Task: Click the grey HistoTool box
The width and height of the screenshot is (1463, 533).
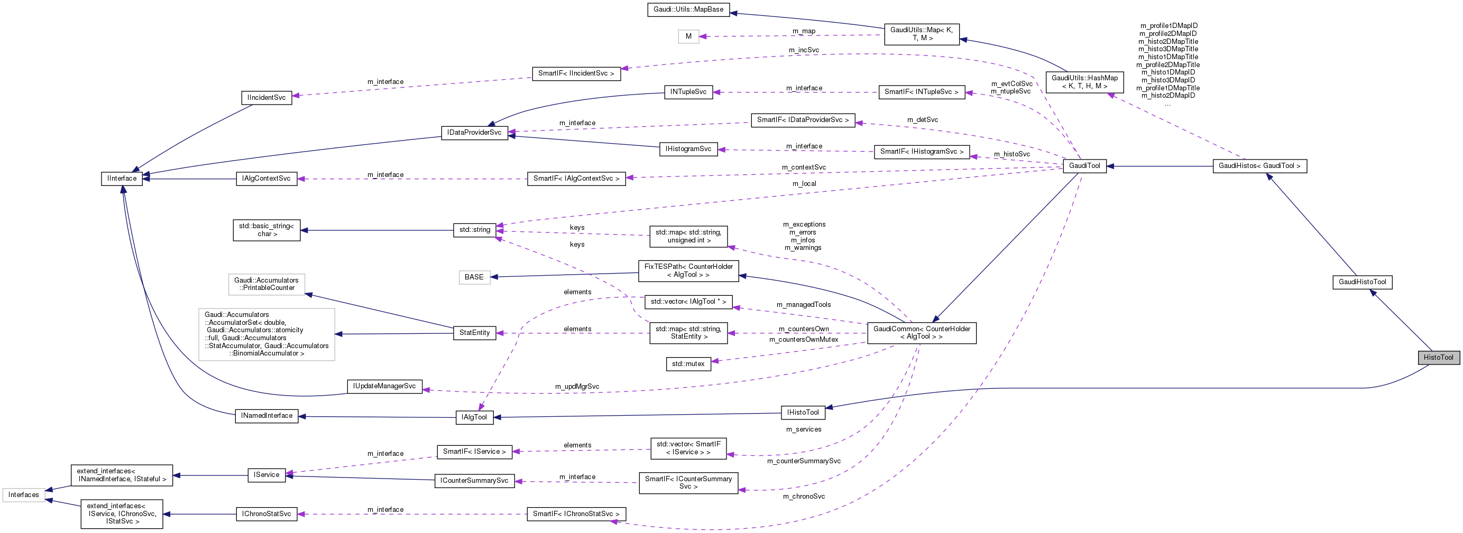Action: tap(1438, 358)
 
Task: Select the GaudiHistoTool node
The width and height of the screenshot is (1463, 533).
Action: tap(1362, 282)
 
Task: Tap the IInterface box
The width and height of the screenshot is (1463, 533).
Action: tap(122, 179)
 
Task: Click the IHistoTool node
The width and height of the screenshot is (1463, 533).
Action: tap(803, 413)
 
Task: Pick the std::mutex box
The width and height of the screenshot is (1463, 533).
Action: tap(688, 364)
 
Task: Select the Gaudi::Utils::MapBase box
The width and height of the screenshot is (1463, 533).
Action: tap(688, 10)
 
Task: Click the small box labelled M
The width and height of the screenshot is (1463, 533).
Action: tap(688, 36)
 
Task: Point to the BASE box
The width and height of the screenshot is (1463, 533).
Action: tap(474, 277)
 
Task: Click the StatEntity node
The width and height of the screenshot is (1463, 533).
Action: tap(474, 333)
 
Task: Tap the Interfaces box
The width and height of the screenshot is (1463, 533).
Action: tap(23, 495)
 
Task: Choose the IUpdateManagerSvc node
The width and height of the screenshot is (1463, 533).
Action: tap(384, 387)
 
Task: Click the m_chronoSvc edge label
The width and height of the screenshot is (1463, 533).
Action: tap(804, 497)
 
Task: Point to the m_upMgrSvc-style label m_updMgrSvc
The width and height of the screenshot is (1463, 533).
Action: tap(577, 387)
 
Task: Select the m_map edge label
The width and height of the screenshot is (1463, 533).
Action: tap(804, 31)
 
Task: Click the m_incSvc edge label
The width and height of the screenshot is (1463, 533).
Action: tap(804, 50)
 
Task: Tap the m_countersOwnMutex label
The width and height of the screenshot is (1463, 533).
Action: tap(804, 340)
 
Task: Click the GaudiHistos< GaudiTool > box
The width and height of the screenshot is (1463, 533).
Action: tap(1259, 166)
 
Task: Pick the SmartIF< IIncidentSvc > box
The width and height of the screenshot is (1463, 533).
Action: tap(576, 74)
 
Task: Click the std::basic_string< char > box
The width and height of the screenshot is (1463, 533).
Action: tap(266, 230)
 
